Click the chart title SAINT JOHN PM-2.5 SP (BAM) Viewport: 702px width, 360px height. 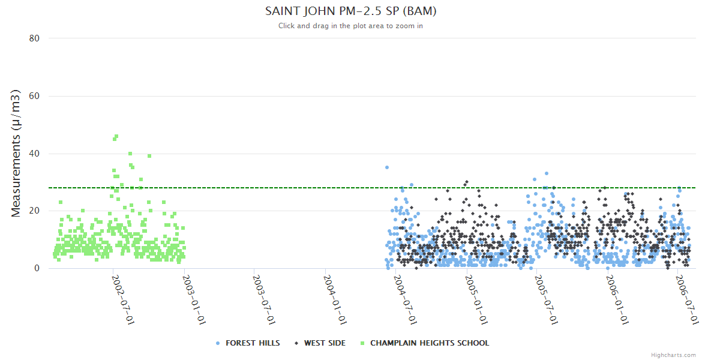point(350,11)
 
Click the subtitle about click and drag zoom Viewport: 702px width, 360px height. point(350,26)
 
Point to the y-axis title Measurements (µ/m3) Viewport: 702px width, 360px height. point(16,153)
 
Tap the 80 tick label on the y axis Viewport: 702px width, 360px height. point(34,38)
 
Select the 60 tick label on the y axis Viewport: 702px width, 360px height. point(34,96)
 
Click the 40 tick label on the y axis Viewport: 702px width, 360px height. point(34,154)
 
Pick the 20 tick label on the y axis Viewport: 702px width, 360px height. point(34,211)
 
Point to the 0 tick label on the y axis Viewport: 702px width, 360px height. point(37,268)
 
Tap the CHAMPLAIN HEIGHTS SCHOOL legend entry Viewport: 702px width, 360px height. point(429,343)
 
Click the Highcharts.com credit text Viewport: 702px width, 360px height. point(673,355)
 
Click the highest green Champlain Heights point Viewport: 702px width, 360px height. point(116,136)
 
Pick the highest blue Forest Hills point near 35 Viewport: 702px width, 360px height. point(387,167)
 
